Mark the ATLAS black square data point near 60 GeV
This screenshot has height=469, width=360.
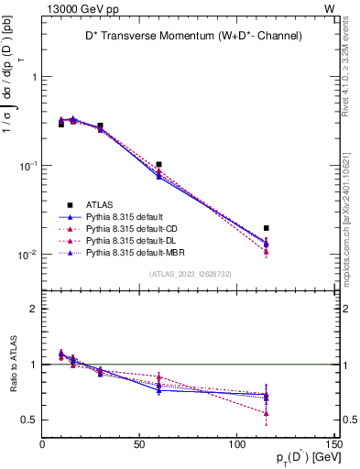(x=159, y=165)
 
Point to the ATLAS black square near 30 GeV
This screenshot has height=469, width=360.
(x=101, y=125)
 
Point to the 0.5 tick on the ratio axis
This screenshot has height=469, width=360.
(x=31, y=420)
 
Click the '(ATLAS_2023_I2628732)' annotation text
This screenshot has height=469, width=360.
(x=190, y=273)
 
